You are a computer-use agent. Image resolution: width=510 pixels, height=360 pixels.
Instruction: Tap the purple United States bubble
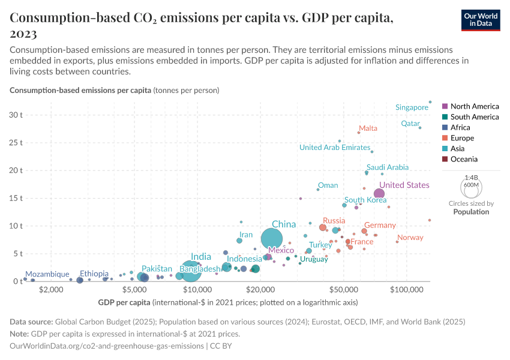pos(379,193)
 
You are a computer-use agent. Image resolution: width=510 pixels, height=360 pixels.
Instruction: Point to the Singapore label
pos(412,107)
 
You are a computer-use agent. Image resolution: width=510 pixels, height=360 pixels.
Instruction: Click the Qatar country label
pos(410,124)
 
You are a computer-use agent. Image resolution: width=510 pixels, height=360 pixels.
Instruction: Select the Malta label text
pos(368,128)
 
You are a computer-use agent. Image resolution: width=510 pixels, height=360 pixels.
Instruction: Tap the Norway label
pos(410,238)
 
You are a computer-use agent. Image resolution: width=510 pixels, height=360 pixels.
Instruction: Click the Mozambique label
pos(47,274)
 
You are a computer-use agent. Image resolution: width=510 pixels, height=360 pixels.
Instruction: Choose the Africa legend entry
pos(460,128)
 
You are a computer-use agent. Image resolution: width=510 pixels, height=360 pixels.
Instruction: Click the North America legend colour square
pos(444,106)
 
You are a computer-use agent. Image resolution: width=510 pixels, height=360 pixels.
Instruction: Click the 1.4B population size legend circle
pos(472,186)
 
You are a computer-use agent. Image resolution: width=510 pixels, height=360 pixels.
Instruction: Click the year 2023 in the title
pos(24,34)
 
